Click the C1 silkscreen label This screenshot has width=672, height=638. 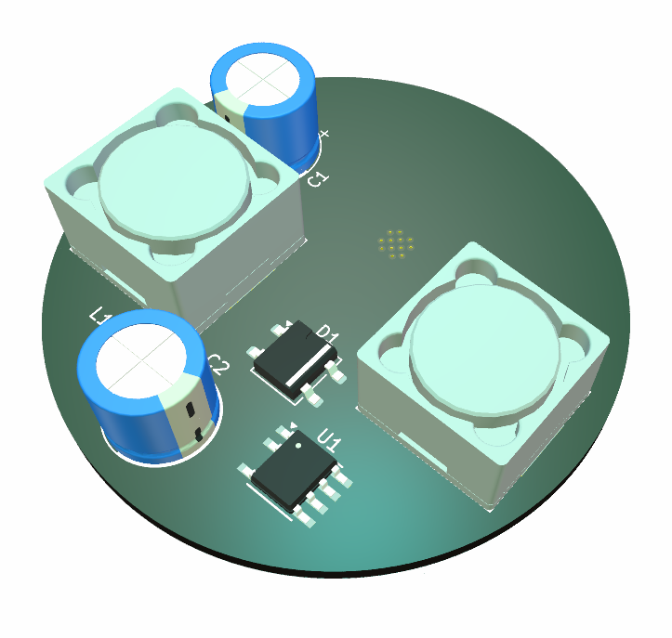(318, 178)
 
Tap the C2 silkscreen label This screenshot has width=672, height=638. (219, 365)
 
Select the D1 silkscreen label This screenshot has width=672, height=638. (328, 334)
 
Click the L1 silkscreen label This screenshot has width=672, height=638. (99, 316)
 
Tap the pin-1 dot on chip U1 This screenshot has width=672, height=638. (298, 446)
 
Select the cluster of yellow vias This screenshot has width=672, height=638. (395, 244)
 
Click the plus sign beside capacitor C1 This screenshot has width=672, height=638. (324, 134)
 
